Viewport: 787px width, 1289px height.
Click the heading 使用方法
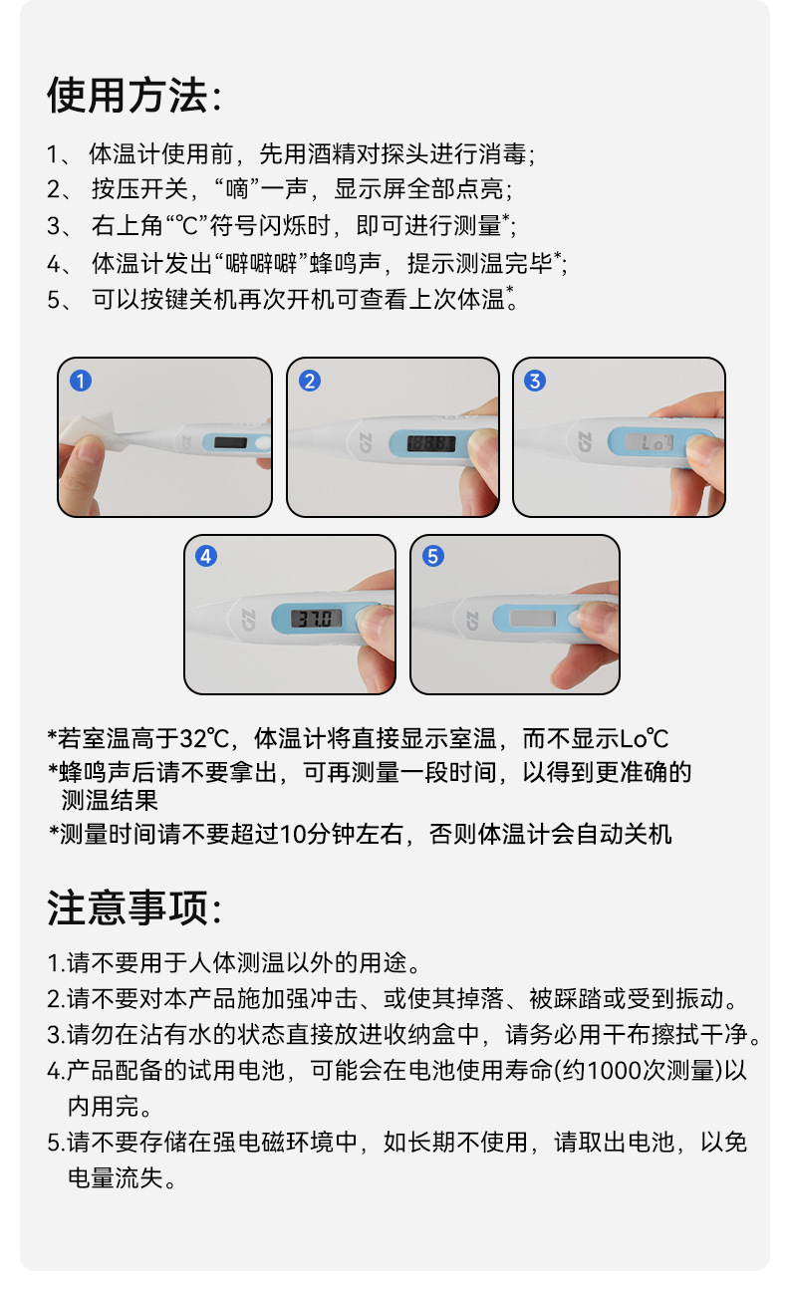[128, 95]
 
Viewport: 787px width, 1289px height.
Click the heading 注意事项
[128, 907]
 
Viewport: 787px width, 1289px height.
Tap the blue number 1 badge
[81, 381]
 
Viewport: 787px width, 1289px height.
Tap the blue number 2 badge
[310, 381]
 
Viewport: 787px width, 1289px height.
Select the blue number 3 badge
[534, 381]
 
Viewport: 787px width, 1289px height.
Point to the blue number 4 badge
[206, 556]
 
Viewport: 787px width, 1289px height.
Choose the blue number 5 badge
[432, 556]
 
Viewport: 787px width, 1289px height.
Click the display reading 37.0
[316, 619]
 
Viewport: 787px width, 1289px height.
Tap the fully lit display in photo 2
[431, 443]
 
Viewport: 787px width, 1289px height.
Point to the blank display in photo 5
[533, 619]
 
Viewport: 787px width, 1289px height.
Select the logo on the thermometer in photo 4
[248, 620]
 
